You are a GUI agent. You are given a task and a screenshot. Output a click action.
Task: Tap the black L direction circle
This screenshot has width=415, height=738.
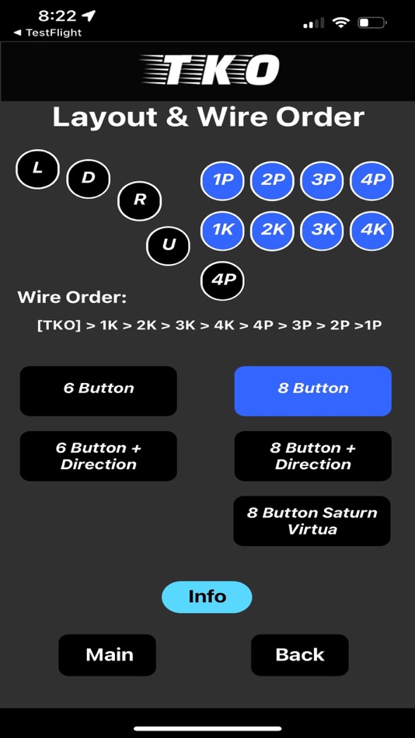(x=37, y=169)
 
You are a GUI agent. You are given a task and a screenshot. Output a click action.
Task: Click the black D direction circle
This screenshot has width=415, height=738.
(x=88, y=179)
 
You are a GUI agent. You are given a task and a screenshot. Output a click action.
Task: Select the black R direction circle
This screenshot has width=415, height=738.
(x=139, y=201)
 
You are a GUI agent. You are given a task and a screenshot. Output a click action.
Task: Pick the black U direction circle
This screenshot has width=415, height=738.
(x=168, y=245)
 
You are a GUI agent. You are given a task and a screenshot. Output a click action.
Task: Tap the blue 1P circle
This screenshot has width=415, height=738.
(x=222, y=180)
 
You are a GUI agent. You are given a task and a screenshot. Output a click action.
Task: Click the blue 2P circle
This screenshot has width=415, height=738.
(x=272, y=180)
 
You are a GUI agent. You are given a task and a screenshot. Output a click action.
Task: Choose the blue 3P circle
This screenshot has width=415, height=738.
(x=323, y=180)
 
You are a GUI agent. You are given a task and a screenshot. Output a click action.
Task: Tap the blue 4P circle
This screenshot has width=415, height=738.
(x=372, y=180)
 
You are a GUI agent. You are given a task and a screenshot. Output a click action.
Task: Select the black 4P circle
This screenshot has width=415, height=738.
(x=222, y=280)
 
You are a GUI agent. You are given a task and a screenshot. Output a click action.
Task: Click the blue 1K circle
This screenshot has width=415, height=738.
(x=222, y=231)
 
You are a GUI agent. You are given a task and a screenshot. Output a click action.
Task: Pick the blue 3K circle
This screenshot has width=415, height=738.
(x=323, y=231)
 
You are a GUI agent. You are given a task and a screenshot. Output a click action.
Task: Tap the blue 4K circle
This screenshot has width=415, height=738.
(x=372, y=231)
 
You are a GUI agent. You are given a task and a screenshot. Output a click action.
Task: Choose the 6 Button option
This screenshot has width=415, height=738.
(x=99, y=391)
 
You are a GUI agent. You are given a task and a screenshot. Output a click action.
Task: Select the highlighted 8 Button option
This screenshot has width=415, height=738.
(x=312, y=391)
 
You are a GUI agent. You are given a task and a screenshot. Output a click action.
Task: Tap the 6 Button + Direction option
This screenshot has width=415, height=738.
(x=99, y=456)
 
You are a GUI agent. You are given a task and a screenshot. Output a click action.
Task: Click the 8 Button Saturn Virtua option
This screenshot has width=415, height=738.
(x=312, y=521)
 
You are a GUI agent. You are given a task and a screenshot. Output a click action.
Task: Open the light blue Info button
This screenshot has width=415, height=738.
(x=207, y=597)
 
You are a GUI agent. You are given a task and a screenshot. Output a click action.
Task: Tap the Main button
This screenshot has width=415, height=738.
(x=107, y=655)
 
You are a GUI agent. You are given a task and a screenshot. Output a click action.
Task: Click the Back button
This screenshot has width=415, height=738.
(x=299, y=655)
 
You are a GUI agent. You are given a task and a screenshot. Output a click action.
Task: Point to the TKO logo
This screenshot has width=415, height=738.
(x=210, y=71)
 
